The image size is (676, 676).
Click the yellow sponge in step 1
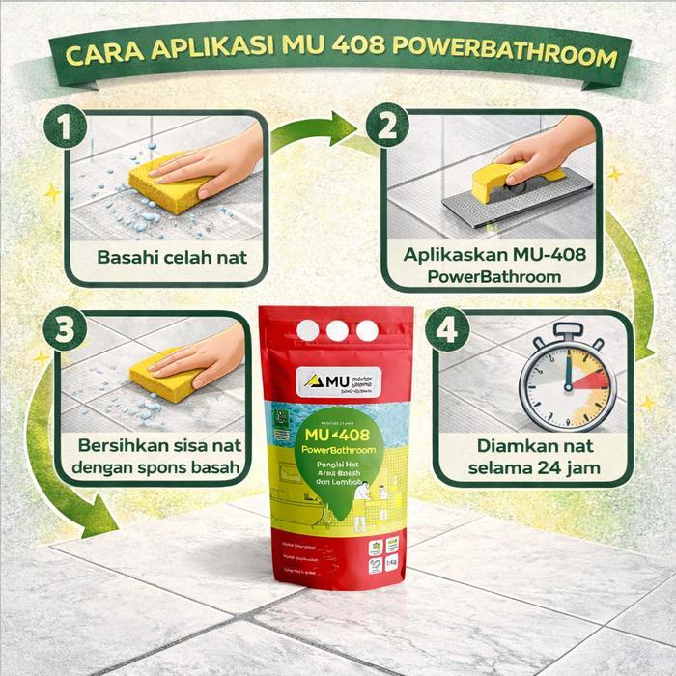(169, 183)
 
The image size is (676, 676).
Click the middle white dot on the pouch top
(337, 330)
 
